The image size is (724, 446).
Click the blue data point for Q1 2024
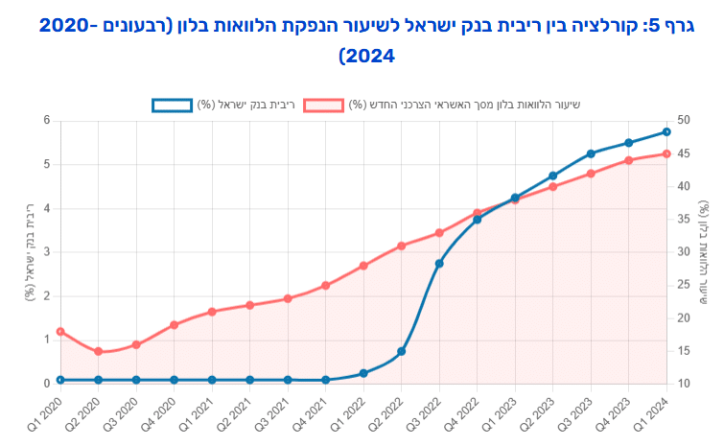click(x=666, y=132)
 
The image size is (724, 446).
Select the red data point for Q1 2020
click(x=60, y=332)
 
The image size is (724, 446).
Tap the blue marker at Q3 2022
click(x=439, y=263)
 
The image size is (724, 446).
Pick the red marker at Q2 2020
click(x=98, y=351)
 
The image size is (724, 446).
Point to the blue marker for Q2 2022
click(x=401, y=351)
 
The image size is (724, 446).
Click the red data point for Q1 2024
click(x=666, y=153)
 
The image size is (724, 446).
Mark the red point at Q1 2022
click(x=363, y=266)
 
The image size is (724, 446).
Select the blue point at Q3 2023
click(x=591, y=153)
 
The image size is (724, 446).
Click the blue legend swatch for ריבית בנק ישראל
click(x=172, y=105)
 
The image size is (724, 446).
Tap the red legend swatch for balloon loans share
click(x=322, y=105)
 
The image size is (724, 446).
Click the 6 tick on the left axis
click(x=45, y=120)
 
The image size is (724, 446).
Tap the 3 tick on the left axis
click(x=45, y=252)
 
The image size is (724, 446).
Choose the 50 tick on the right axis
click(x=682, y=120)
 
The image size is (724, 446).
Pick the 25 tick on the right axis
click(x=682, y=285)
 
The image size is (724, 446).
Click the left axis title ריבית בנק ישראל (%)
click(x=29, y=251)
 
